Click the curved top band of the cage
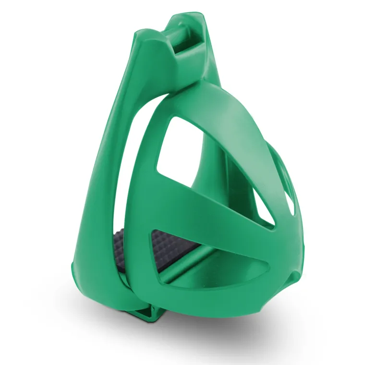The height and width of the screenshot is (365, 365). tap(221, 103)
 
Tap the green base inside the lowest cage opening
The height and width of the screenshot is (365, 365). tap(192, 279)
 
